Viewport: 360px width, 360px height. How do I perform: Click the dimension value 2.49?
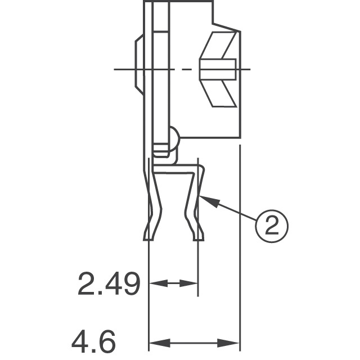[x=108, y=285]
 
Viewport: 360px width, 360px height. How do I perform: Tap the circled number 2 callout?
[x=272, y=226]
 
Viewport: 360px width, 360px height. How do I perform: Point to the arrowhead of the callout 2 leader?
[x=202, y=197]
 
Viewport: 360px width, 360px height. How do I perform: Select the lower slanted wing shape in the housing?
[x=219, y=93]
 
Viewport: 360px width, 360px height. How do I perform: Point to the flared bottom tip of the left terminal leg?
[x=148, y=233]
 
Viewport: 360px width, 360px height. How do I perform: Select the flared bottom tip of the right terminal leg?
[x=198, y=233]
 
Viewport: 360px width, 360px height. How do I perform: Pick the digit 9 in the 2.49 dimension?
[x=129, y=285]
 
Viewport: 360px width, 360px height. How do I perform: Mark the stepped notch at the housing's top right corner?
[x=225, y=22]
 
